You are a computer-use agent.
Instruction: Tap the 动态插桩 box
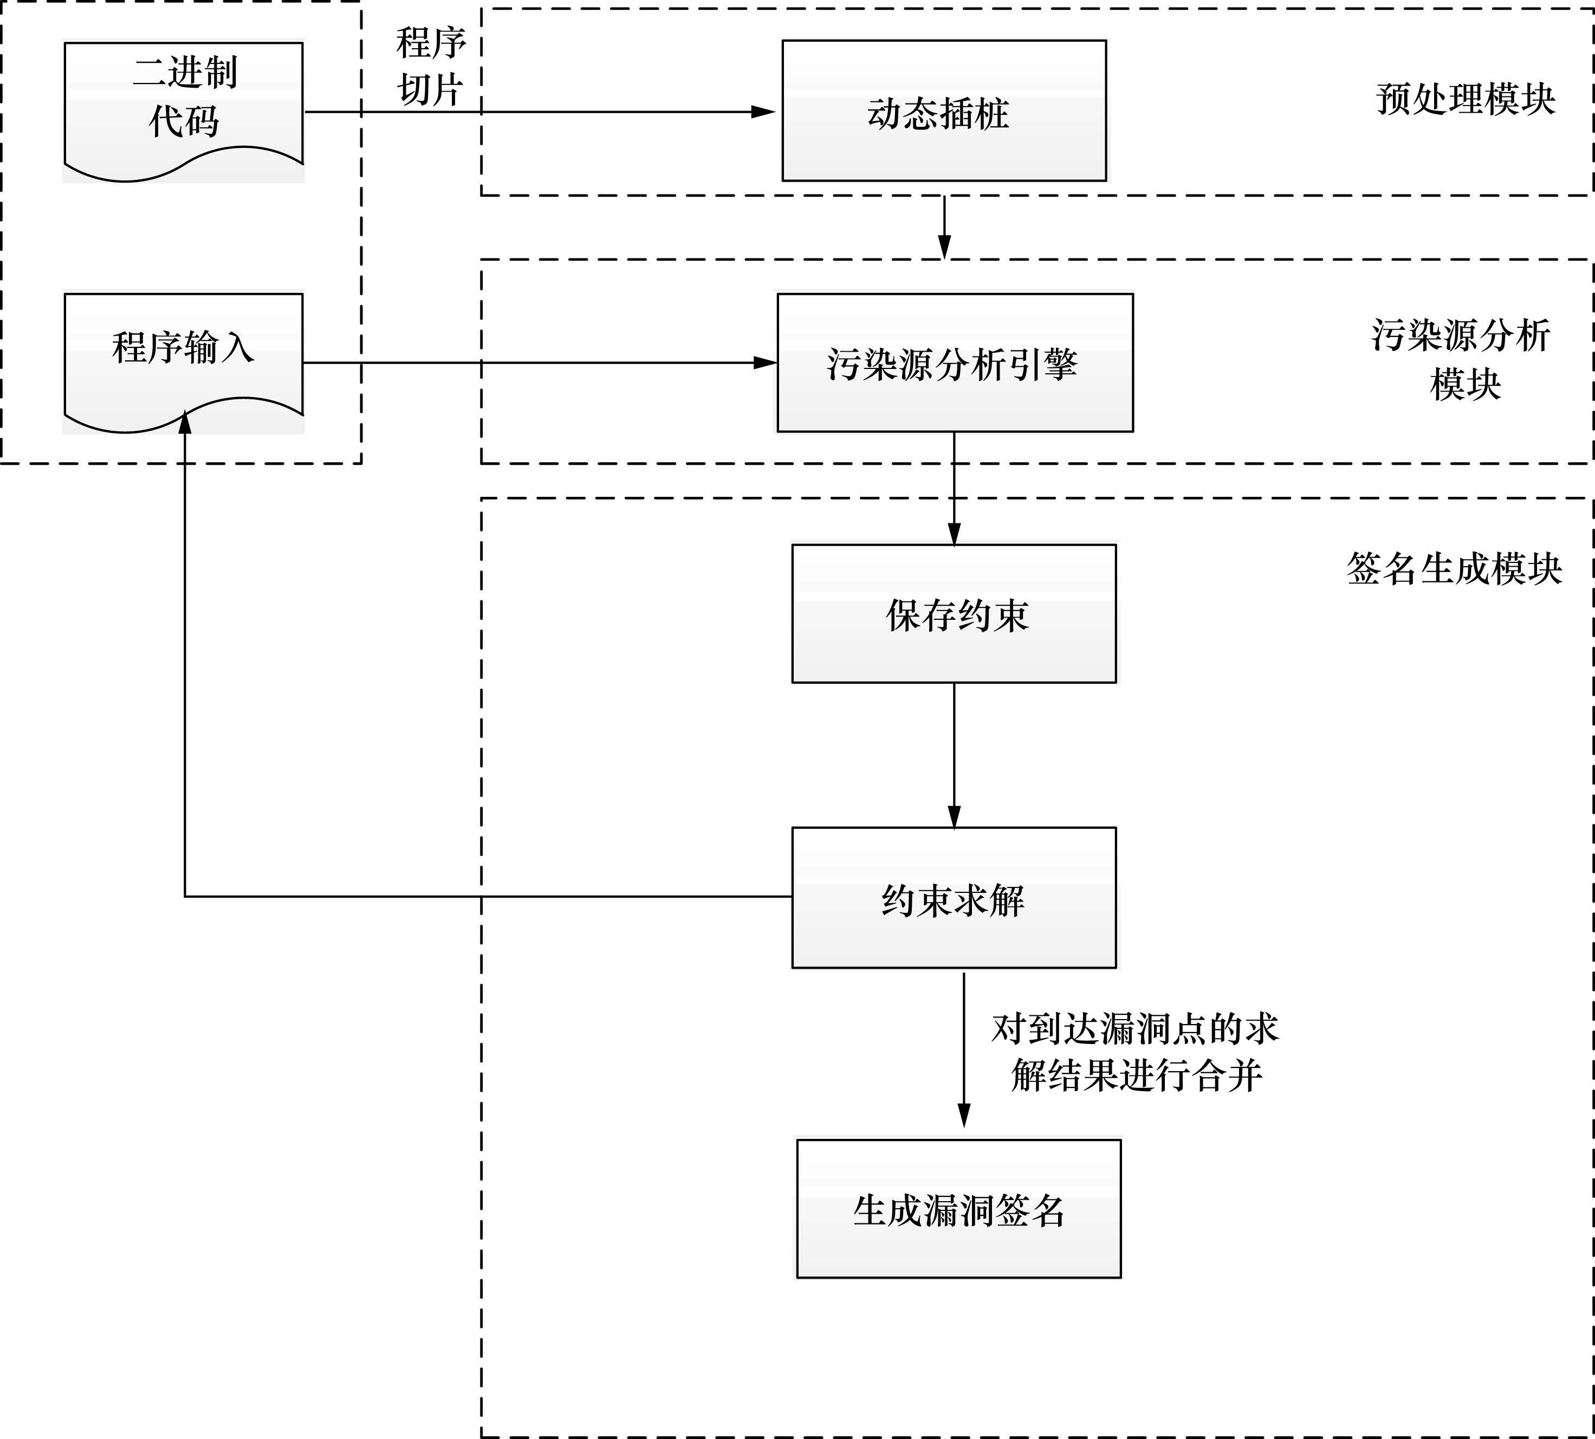pyautogui.click(x=943, y=111)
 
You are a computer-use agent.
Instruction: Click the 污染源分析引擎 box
pyautogui.click(x=955, y=363)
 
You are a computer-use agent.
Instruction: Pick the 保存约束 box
pyautogui.click(x=954, y=613)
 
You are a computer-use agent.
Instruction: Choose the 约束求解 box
pyautogui.click(x=954, y=897)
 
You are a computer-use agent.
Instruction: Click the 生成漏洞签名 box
pyautogui.click(x=958, y=1208)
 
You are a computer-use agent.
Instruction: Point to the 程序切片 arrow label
pyautogui.click(x=430, y=66)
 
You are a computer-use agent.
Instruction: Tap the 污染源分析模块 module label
pyautogui.click(x=1461, y=360)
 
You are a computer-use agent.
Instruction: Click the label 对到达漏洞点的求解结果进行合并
pyautogui.click(x=1136, y=1052)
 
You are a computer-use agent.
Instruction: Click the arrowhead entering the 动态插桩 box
pyautogui.click(x=763, y=112)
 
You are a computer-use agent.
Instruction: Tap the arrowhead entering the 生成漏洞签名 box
pyautogui.click(x=963, y=1116)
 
